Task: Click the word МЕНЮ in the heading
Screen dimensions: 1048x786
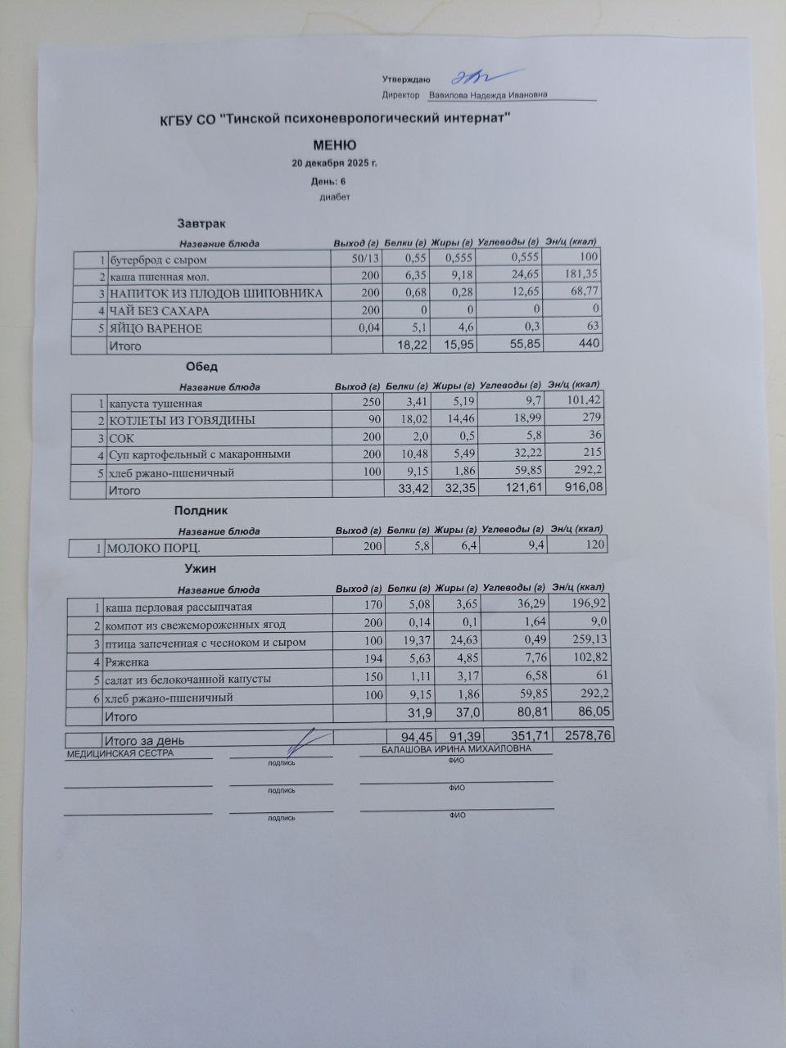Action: (334, 145)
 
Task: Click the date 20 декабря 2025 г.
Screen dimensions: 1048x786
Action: (335, 163)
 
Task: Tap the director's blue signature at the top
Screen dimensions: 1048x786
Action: (472, 78)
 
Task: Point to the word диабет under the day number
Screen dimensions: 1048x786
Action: (334, 197)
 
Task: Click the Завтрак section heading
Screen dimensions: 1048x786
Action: (201, 223)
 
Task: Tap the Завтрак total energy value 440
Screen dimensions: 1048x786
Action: (587, 346)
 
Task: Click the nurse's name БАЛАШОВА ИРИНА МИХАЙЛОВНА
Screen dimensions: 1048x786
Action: (456, 749)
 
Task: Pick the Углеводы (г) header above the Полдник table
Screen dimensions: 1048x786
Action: (513, 530)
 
